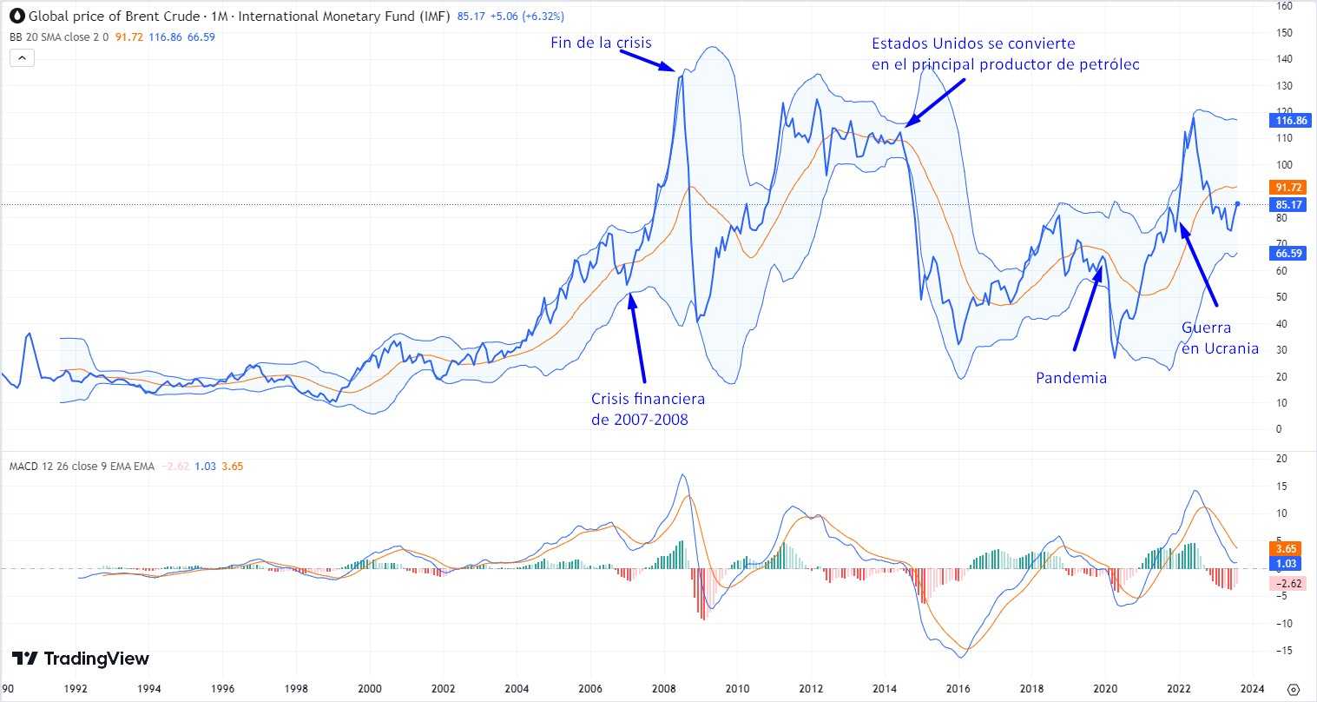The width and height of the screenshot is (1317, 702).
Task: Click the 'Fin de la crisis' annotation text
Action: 601,43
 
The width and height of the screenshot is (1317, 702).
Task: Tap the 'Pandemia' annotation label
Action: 1071,378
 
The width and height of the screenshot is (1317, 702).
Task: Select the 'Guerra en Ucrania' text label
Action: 1220,338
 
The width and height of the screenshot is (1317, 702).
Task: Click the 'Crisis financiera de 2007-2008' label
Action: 648,409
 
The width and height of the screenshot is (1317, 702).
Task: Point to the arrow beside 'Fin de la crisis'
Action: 647,60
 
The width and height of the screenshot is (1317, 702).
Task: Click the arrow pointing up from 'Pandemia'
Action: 1088,304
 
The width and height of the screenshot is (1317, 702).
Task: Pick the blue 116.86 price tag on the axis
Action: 1287,121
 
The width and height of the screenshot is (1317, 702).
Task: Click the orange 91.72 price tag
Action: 1287,187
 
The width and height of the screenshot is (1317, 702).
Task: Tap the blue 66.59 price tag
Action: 1287,254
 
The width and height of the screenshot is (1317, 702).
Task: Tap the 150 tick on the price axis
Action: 1284,33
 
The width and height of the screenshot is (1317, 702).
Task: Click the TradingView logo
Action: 81,659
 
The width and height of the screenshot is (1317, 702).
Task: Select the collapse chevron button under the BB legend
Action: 22,58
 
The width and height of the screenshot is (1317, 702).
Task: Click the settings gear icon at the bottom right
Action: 1293,689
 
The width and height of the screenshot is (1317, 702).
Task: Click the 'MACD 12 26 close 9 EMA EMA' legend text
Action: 82,467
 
